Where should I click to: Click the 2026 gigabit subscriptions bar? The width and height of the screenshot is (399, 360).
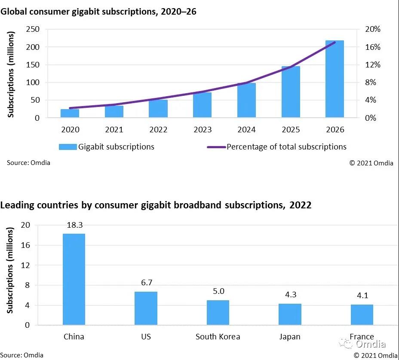335,79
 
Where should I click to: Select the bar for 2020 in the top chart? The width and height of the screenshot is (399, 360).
70,113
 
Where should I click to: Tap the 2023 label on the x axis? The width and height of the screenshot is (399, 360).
202,129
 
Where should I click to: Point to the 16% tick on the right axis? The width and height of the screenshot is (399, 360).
373,47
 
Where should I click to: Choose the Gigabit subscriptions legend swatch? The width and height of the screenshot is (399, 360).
68,147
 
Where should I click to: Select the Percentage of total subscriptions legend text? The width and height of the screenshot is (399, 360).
286,147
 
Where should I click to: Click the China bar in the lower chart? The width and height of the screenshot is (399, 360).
74,279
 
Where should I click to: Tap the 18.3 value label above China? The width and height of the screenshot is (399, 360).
74,225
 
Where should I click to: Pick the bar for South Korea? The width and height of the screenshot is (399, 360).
218,313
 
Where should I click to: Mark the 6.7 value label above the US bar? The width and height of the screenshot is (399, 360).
146,283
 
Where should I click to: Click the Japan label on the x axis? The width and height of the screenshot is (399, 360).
290,336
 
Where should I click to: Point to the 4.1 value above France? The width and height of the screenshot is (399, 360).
362,296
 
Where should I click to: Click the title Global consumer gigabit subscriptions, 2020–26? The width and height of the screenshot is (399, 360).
98,12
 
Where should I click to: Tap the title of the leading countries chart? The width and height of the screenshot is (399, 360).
156,205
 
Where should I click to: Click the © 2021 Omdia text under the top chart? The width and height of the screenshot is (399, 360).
371,163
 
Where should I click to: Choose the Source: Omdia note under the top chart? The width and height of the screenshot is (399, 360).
28,163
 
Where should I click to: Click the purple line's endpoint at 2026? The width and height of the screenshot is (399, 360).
335,42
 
